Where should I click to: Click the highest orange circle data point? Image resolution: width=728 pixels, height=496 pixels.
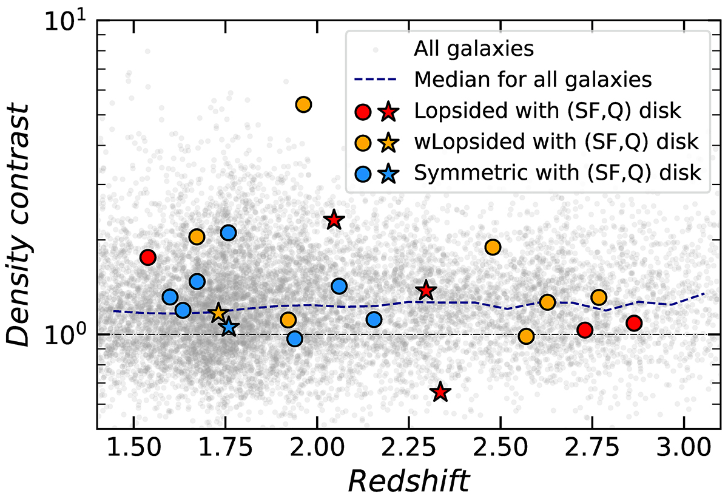click(303, 104)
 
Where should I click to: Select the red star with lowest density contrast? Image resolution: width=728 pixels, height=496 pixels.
click(441, 392)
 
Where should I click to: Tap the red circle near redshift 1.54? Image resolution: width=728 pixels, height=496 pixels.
click(148, 257)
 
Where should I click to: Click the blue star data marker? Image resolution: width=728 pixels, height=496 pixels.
click(228, 327)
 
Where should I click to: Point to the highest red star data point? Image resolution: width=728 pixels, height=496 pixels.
click(333, 220)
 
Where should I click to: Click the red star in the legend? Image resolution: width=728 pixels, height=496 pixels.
click(389, 112)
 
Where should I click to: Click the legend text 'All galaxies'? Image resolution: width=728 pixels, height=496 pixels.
click(474, 49)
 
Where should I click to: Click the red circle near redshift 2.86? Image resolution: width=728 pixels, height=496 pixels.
click(634, 323)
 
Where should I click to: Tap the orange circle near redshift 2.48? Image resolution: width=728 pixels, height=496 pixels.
click(493, 247)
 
